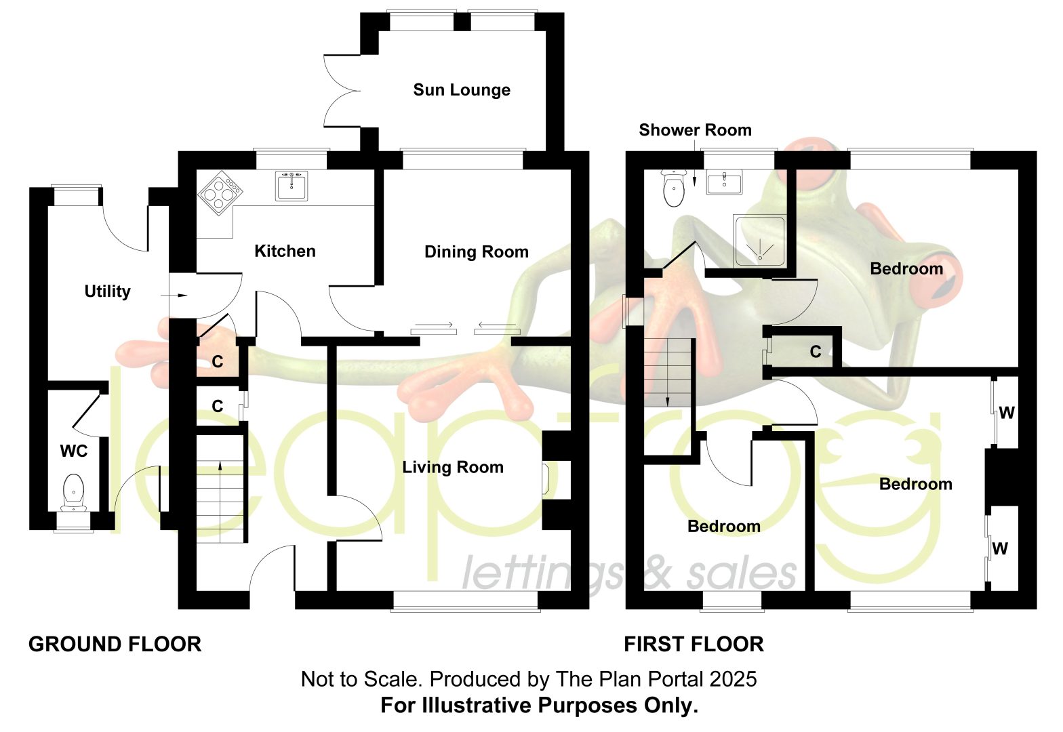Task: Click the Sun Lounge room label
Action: (x=461, y=90)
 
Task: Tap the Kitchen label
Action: (x=285, y=251)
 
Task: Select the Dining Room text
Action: (x=476, y=252)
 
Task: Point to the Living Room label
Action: (x=453, y=467)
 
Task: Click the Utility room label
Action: (x=107, y=291)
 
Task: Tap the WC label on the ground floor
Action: (x=73, y=451)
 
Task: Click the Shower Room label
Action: (x=696, y=130)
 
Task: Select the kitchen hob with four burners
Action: (x=220, y=192)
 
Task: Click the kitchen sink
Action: (x=292, y=186)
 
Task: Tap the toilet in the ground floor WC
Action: (x=73, y=493)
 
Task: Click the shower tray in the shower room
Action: (x=759, y=240)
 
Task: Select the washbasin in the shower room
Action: (x=724, y=182)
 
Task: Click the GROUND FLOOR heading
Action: (x=115, y=645)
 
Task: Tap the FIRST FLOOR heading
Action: (x=694, y=645)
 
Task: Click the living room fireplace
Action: (x=546, y=480)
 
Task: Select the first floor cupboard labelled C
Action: (x=802, y=352)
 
